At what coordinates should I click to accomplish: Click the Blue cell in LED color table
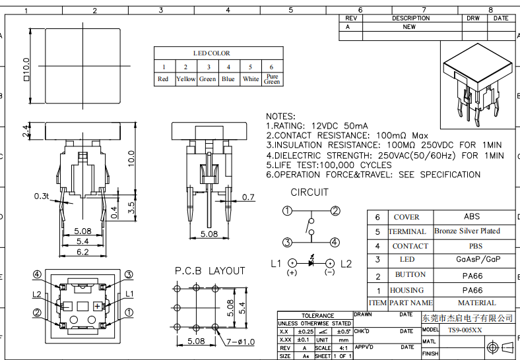(228, 79)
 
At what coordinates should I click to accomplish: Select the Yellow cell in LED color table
(185, 79)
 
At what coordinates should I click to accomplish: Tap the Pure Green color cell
(272, 79)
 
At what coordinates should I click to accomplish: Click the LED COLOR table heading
(212, 53)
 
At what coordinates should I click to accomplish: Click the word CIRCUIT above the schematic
(309, 193)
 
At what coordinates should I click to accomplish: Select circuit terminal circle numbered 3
(287, 242)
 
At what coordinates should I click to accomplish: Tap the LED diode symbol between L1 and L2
(311, 263)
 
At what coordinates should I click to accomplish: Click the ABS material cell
(472, 216)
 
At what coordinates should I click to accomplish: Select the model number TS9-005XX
(465, 330)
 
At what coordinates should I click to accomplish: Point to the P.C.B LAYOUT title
(210, 271)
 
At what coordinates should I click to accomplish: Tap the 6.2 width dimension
(82, 252)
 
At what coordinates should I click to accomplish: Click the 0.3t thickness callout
(42, 196)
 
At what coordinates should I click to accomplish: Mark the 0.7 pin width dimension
(248, 197)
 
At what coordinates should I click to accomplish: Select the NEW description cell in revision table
(409, 27)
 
